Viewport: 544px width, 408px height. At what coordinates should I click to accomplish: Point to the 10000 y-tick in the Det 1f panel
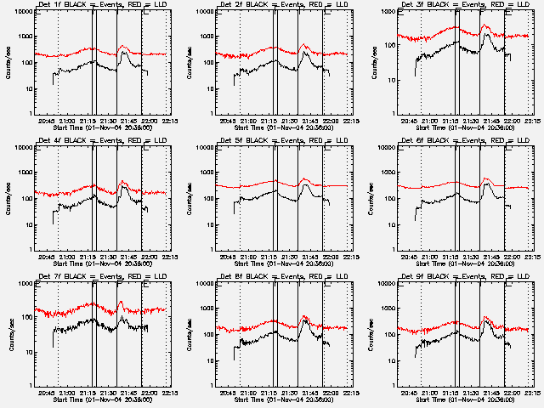point(20,12)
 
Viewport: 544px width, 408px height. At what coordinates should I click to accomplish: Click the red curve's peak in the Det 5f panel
point(304,178)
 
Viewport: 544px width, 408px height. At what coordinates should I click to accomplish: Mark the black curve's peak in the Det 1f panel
point(123,52)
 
